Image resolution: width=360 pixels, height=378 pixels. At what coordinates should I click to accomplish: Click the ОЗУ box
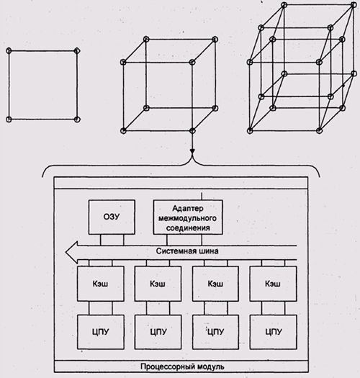tap(112, 217)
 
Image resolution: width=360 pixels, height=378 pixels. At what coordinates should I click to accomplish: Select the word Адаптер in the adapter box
tap(188, 208)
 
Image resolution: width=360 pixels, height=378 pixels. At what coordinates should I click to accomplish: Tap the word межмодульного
tap(187, 218)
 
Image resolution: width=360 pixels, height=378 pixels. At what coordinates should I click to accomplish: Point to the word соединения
tap(188, 228)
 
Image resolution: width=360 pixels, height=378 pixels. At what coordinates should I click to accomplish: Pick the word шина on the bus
tap(209, 251)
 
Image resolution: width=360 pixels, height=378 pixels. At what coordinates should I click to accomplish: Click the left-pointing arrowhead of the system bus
tap(71, 252)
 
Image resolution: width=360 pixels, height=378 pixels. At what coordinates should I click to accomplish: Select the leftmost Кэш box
tap(101, 284)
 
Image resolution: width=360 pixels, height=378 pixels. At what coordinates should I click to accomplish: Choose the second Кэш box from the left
tap(158, 284)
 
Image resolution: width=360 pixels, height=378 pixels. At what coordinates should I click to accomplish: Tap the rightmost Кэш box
tap(273, 284)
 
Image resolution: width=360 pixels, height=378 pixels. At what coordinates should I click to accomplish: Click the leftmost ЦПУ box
tap(101, 332)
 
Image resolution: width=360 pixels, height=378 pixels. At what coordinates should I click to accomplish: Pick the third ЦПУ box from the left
tap(215, 332)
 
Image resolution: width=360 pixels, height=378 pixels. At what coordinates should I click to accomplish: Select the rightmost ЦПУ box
tap(273, 332)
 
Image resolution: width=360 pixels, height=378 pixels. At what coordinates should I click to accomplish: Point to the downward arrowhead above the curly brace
tap(192, 151)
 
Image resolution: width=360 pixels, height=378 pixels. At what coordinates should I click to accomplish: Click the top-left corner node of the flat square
tap(9, 51)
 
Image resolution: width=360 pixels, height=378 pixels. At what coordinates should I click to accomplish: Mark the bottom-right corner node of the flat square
tap(77, 119)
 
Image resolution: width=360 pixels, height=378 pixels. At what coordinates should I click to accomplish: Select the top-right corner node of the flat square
tap(77, 50)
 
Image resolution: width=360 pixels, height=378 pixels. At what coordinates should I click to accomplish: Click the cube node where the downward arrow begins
tap(192, 130)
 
